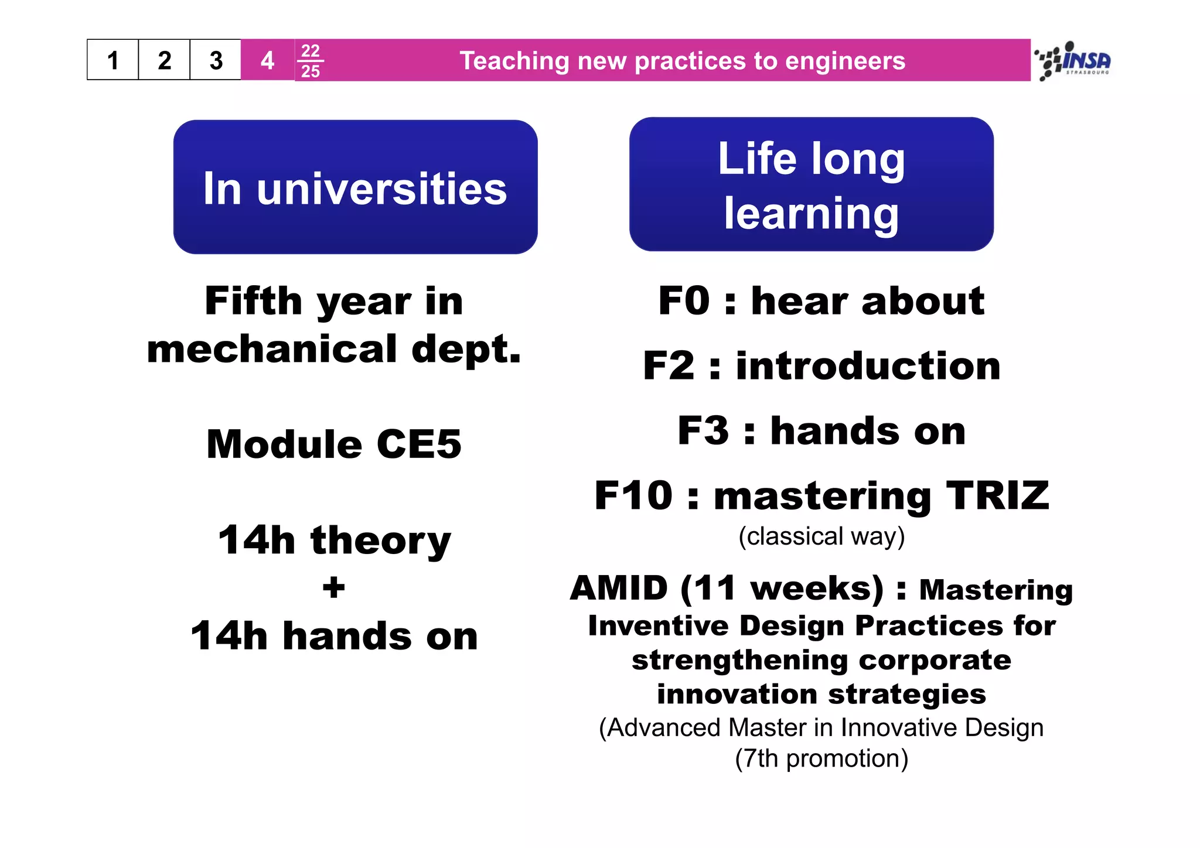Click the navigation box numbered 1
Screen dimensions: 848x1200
[113, 60]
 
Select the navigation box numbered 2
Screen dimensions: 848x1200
[165, 60]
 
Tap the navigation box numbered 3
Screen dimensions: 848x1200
[216, 60]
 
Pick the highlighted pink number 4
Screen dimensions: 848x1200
[267, 60]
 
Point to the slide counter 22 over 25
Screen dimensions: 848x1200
[310, 60]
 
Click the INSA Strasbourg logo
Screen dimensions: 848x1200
[1074, 60]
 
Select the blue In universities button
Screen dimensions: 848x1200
[355, 187]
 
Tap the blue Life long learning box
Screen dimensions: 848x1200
[811, 184]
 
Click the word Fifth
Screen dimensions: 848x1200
[253, 301]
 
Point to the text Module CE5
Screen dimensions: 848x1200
[334, 444]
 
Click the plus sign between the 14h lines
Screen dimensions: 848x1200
[333, 587]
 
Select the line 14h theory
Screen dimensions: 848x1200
[334, 540]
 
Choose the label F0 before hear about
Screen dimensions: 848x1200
[684, 301]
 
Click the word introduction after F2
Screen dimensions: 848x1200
[868, 366]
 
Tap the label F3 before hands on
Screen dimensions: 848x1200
[703, 430]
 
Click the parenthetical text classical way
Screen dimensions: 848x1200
[821, 536]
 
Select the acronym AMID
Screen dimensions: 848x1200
[619, 588]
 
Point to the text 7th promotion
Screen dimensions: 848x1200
[821, 758]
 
